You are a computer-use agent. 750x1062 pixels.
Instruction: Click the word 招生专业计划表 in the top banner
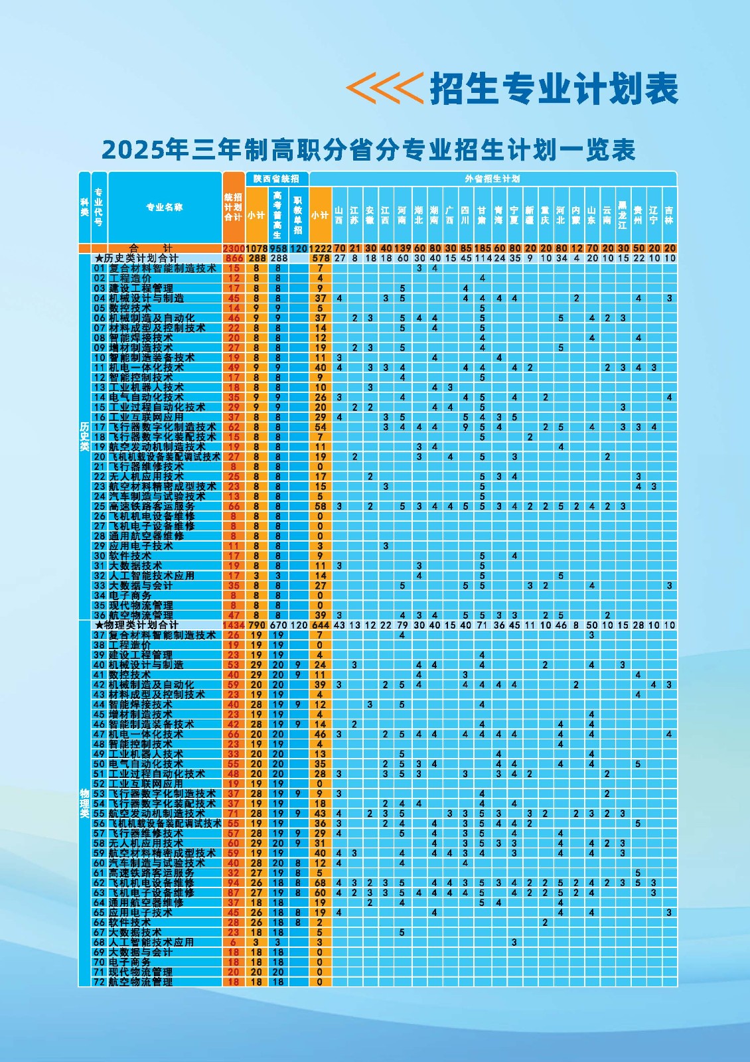[x=554, y=88]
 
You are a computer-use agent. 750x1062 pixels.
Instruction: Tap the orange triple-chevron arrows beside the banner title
[x=385, y=88]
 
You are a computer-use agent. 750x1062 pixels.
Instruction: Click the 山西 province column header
[x=339, y=215]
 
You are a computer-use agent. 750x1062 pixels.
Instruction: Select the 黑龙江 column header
[x=623, y=215]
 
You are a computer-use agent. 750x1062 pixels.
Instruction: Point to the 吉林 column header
[x=669, y=215]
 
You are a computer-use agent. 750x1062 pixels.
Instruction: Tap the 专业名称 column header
[x=164, y=207]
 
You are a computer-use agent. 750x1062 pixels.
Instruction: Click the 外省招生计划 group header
[x=492, y=179]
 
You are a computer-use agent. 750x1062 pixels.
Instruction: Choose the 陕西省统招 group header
[x=276, y=179]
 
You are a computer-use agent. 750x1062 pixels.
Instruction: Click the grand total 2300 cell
[x=233, y=248]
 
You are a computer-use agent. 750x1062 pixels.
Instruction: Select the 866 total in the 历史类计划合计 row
[x=234, y=258]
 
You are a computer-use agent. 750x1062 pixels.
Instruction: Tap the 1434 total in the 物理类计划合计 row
[x=234, y=625]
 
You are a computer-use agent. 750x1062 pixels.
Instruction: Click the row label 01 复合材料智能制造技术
[x=155, y=268]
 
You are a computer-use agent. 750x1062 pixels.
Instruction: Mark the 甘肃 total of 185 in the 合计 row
[x=483, y=248]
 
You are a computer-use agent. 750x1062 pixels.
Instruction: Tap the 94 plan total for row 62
[x=234, y=883]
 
